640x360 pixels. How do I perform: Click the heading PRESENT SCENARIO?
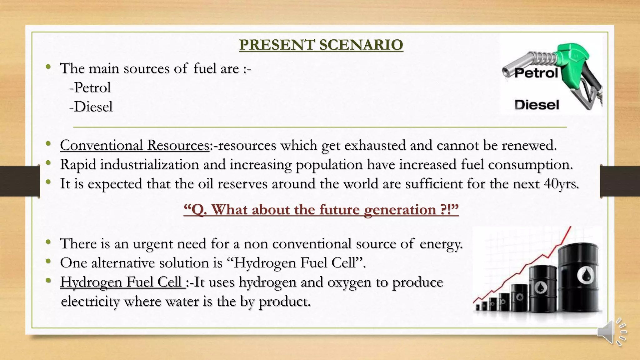tap(321, 45)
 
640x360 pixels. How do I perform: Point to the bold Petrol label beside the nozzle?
tap(536, 73)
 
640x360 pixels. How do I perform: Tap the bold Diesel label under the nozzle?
tap(537, 105)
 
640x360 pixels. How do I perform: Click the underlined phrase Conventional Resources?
tap(135, 145)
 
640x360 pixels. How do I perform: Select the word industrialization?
tap(149, 165)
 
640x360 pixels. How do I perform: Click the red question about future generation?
tap(321, 210)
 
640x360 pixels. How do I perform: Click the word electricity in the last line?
tap(90, 302)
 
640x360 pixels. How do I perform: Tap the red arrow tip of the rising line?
tap(570, 228)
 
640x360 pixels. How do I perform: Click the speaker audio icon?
tap(611, 332)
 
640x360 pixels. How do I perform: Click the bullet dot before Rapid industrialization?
tap(48, 163)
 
